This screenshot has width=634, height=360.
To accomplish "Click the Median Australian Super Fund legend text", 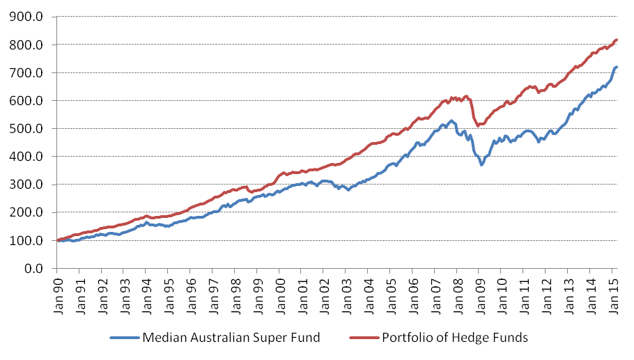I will pos(231,338).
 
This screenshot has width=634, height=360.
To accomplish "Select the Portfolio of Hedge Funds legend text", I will pos(455,338).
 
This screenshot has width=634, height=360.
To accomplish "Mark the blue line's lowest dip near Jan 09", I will pos(481,164).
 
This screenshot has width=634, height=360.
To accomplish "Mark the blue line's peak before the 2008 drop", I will pos(451,121).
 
